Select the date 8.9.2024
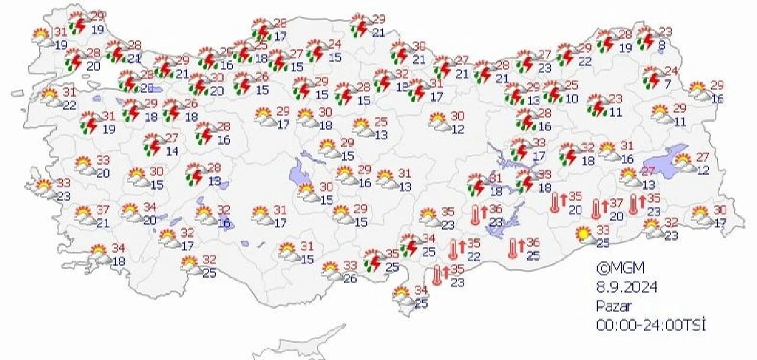point(626,287)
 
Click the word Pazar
point(613,306)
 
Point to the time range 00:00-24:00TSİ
point(651,325)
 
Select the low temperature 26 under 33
point(350,278)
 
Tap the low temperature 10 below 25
point(571,99)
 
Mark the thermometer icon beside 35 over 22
point(454,248)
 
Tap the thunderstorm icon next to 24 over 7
point(652,77)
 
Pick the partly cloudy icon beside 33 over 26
point(331,270)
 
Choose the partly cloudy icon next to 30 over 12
point(439,121)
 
